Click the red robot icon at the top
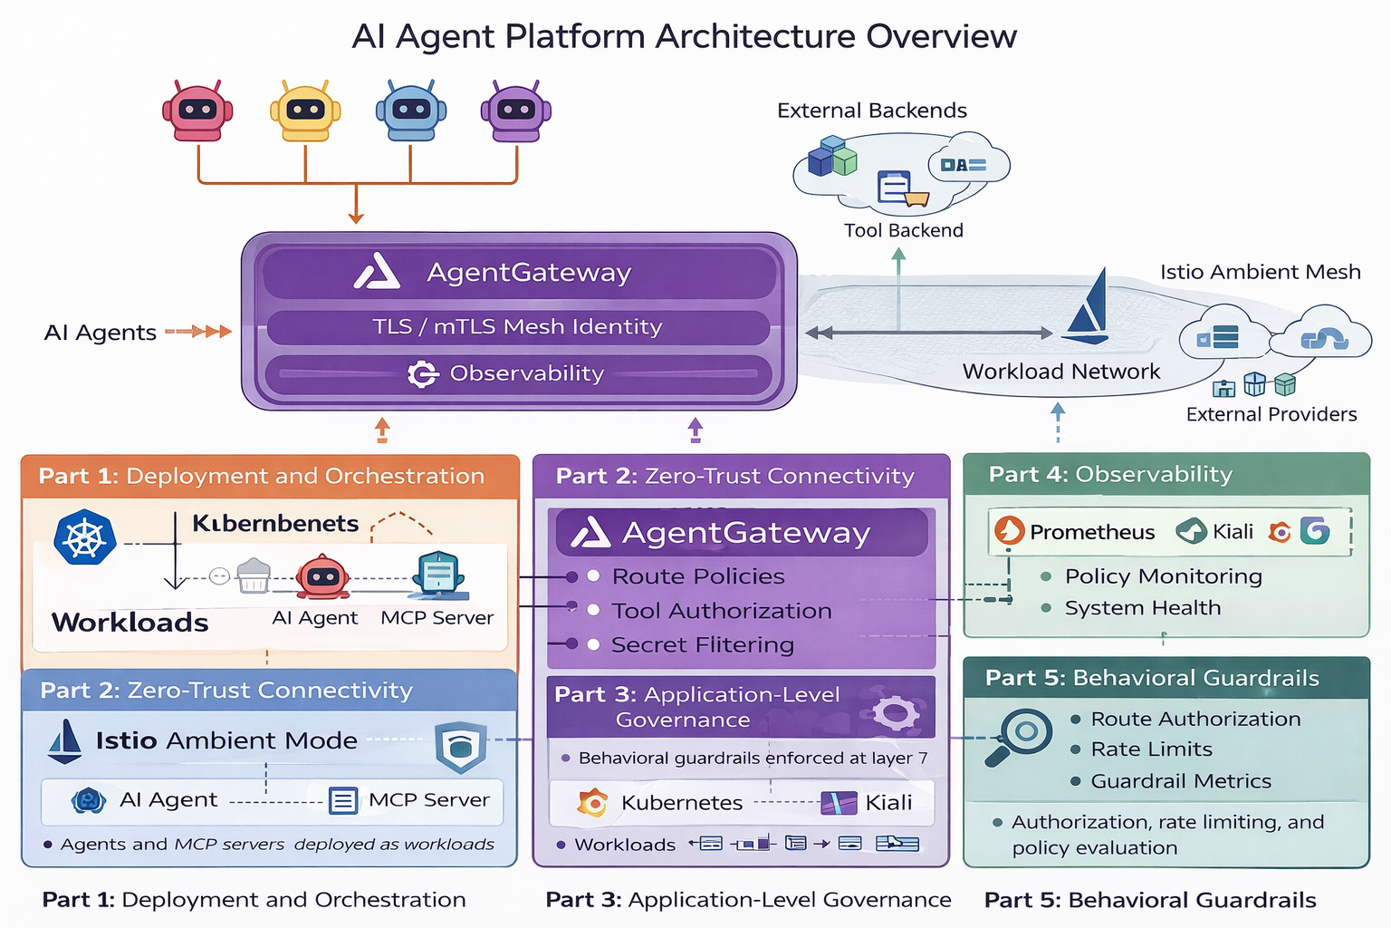[197, 111]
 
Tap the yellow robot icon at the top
[305, 111]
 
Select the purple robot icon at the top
[516, 111]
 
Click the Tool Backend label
[903, 230]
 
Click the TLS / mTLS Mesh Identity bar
[517, 327]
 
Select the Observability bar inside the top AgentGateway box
[517, 373]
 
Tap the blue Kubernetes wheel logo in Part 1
[85, 537]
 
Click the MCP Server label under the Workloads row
[436, 618]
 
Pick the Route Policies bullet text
[698, 576]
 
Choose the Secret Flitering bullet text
[702, 645]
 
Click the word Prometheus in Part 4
[1092, 532]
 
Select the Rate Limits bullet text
[1151, 749]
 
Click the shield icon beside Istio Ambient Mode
[461, 747]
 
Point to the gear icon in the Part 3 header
[896, 712]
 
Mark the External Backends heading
[871, 111]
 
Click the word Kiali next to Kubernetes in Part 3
[888, 803]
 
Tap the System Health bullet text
[1142, 608]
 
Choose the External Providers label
[1271, 414]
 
